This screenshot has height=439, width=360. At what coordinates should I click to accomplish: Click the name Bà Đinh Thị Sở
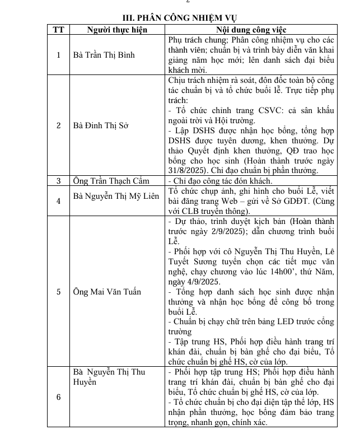(x=101, y=125)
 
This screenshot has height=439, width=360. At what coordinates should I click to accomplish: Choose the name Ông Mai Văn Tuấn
(x=107, y=292)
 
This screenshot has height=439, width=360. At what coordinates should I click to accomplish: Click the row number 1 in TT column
(x=58, y=55)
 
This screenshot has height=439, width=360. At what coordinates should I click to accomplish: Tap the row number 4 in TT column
(x=58, y=200)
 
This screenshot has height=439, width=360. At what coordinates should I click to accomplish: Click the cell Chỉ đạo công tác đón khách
(x=221, y=181)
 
